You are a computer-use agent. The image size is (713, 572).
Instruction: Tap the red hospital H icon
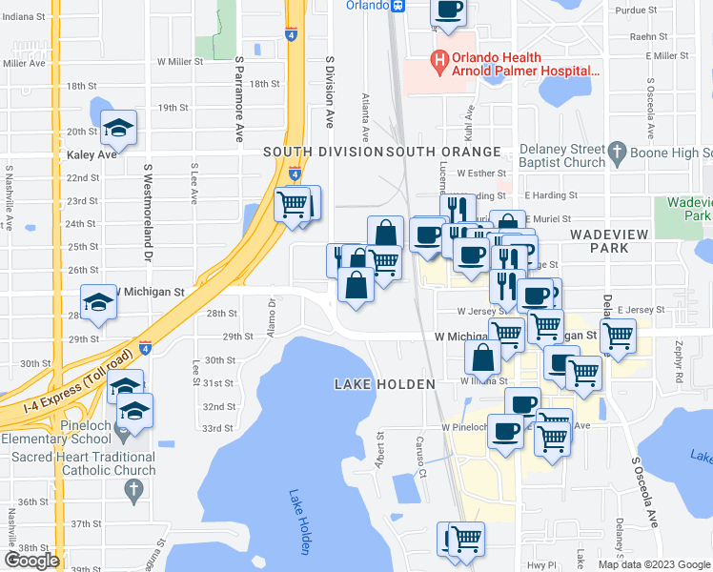point(439,63)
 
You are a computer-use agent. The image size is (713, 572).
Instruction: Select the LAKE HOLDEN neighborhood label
point(384,384)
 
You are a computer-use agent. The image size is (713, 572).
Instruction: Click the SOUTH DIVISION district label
point(323,152)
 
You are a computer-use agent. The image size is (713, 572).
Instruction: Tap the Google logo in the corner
point(31,561)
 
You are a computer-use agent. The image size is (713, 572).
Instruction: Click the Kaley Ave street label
point(92,153)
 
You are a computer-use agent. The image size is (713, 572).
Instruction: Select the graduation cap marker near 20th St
point(118,129)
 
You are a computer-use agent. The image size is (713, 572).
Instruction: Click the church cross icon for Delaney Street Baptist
point(616,152)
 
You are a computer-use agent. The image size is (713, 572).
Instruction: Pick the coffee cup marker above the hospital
point(449,11)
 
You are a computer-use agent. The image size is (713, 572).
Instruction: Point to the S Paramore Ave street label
point(238,100)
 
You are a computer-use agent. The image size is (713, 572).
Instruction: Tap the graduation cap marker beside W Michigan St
point(98,303)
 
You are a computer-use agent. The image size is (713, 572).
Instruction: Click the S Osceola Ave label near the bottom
point(645,491)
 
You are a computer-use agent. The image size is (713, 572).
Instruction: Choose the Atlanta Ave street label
point(365,112)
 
